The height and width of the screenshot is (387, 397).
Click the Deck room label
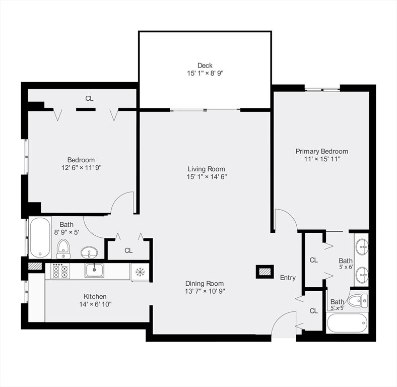[x=205, y=66]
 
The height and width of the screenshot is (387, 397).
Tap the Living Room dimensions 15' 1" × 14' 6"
[x=207, y=177]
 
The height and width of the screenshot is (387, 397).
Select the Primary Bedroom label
[x=322, y=152]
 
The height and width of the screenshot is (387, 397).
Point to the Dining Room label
[x=205, y=283]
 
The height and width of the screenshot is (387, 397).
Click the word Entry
[x=288, y=278]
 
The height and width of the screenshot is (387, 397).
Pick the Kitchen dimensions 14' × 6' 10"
[x=95, y=304]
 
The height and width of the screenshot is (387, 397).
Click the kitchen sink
[x=94, y=270]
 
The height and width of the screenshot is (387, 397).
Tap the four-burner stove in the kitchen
[x=60, y=271]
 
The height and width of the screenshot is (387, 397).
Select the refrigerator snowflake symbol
[x=140, y=272]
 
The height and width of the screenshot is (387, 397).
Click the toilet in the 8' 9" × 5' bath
[x=63, y=249]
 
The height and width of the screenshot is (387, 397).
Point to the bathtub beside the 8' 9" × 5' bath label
[x=40, y=237]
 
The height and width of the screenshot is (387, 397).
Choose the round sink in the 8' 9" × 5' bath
[x=89, y=252]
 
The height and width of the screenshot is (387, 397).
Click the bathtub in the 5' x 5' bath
[x=347, y=324]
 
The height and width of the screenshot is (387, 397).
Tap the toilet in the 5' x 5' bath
[x=357, y=301]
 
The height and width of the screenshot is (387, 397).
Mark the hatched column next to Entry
[x=265, y=272]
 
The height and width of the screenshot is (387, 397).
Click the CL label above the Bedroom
[x=89, y=99]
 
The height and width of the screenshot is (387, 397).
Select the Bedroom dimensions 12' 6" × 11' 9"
[x=81, y=168]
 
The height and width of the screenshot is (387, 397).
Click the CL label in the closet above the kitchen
[x=128, y=250]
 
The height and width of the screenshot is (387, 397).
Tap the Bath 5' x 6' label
[x=346, y=264]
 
